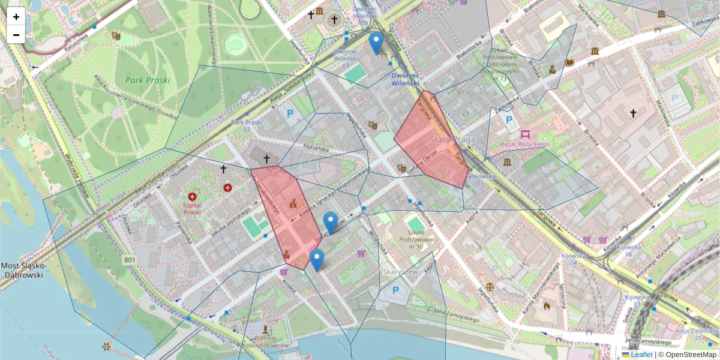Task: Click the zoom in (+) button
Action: (16, 17)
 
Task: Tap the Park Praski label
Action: (148, 80)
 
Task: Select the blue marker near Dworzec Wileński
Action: (376, 43)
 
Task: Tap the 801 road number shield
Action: (129, 259)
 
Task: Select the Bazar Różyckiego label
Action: (526, 145)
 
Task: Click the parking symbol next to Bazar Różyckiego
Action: (509, 121)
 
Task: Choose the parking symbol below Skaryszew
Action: (395, 290)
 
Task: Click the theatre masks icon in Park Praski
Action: (116, 36)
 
